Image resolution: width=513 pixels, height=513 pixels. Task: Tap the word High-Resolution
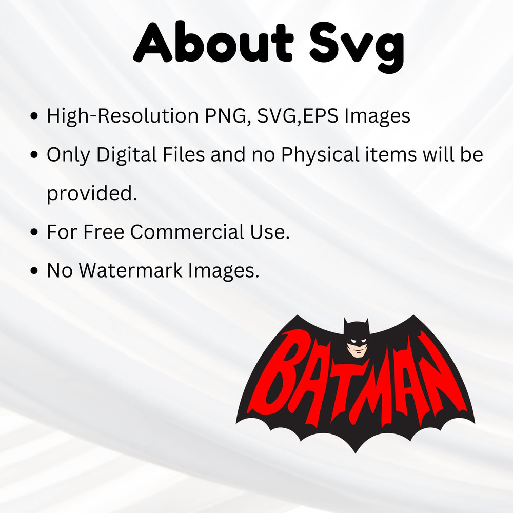(120, 116)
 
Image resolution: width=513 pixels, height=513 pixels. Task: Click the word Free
(104, 232)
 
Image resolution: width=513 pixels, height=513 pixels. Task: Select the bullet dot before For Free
(35, 232)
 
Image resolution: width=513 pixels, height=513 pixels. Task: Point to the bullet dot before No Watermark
(35, 271)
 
